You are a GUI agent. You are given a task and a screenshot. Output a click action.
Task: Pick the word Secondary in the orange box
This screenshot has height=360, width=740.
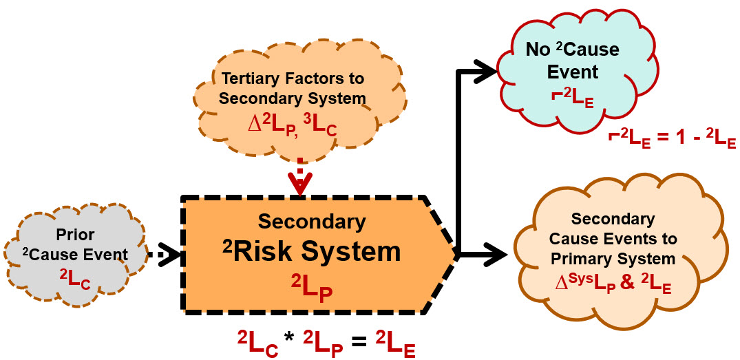point(312,221)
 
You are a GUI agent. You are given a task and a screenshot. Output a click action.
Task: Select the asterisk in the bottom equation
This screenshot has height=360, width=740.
point(292,339)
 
